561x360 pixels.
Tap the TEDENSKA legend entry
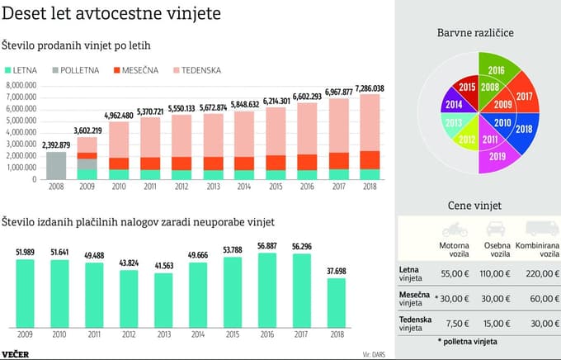196,70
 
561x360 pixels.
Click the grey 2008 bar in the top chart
56,165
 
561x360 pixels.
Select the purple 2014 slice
452,106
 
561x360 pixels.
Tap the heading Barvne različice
477,32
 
